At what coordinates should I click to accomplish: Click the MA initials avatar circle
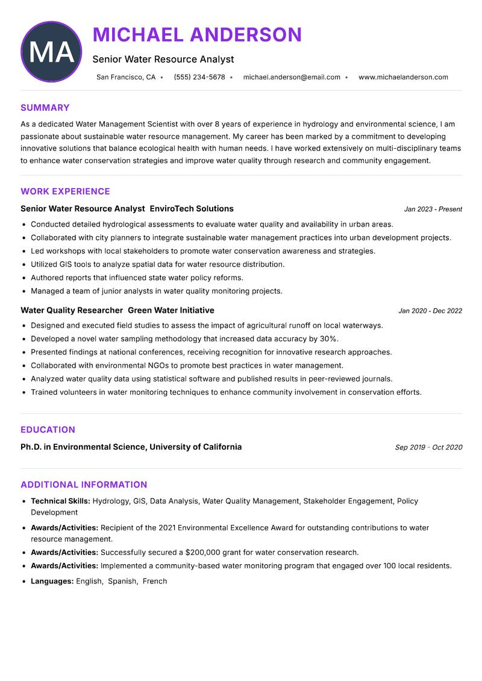(x=51, y=52)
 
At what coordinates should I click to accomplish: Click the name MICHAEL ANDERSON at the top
(x=197, y=34)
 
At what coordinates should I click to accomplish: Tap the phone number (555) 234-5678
(x=199, y=77)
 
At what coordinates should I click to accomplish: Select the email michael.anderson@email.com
(x=292, y=77)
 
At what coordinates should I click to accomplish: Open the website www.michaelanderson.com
(x=403, y=77)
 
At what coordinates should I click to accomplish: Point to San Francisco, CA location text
(x=126, y=77)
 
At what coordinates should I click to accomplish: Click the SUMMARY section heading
(x=45, y=108)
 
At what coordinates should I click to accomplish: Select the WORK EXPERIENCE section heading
(x=65, y=192)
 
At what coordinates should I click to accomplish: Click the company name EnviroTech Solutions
(x=191, y=209)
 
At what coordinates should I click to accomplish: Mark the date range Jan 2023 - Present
(x=433, y=209)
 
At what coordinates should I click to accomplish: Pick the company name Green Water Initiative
(x=171, y=310)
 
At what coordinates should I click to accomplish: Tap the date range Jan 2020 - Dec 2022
(x=430, y=311)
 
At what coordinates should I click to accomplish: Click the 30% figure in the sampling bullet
(x=329, y=339)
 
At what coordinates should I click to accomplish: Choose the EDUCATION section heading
(x=48, y=430)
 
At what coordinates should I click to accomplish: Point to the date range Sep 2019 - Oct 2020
(x=428, y=447)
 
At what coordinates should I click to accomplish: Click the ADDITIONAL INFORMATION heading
(x=84, y=485)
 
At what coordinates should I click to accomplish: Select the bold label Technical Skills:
(x=60, y=501)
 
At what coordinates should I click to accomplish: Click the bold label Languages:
(x=52, y=581)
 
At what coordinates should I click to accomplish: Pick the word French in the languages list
(x=155, y=581)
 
